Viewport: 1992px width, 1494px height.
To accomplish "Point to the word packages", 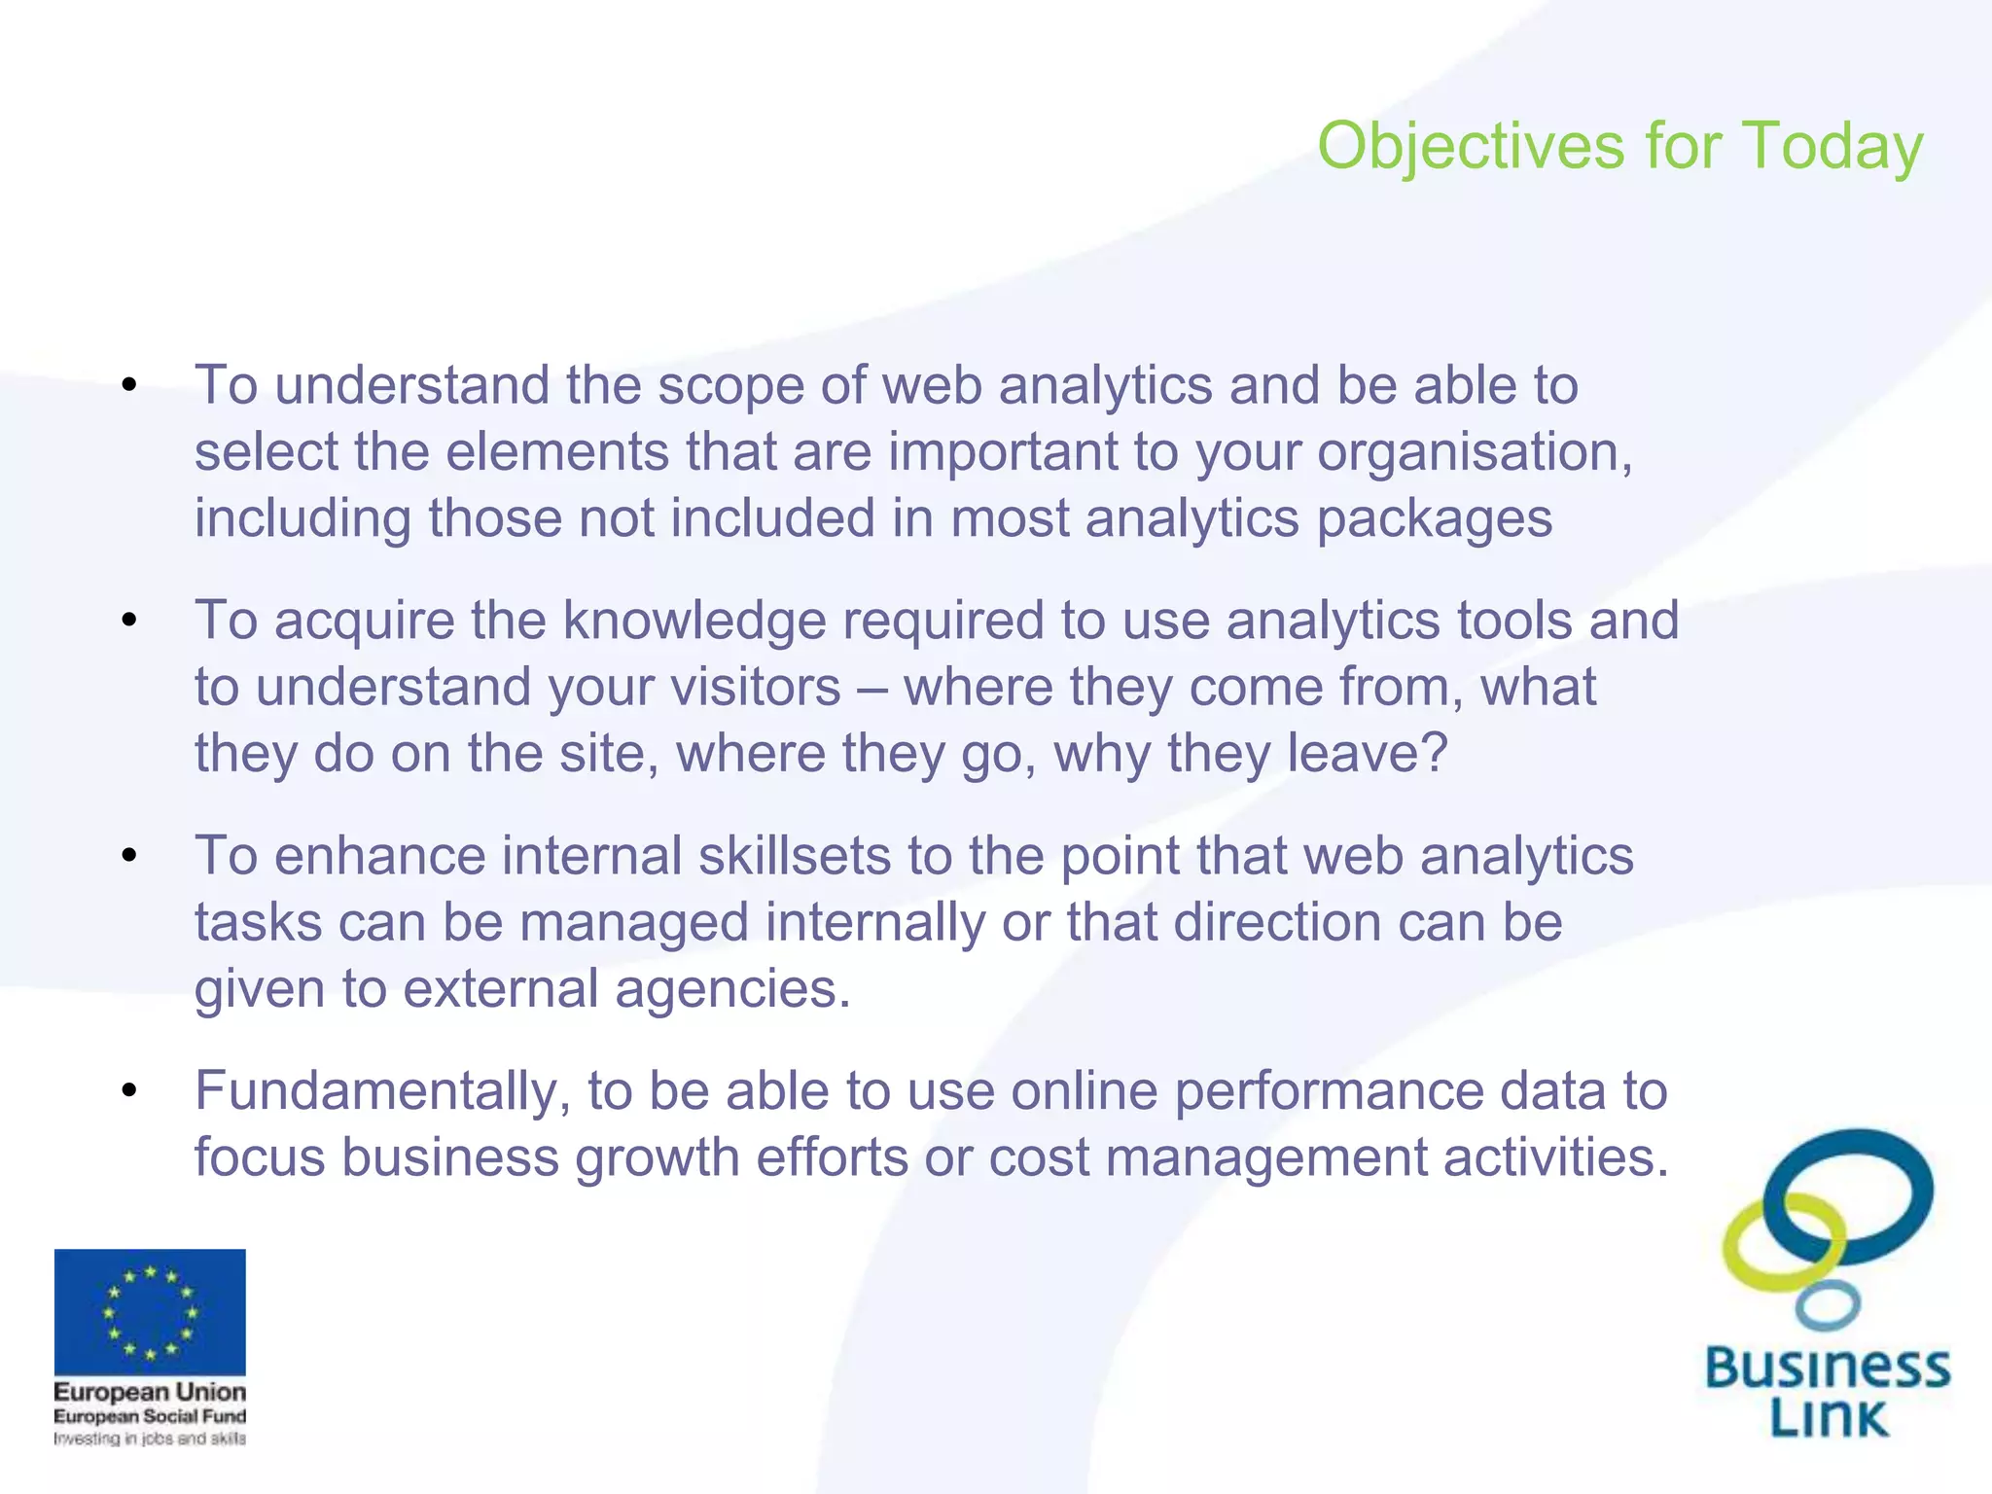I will coord(1434,519).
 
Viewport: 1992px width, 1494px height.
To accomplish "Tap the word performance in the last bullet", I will coord(1329,1091).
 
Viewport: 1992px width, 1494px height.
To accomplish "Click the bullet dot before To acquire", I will coord(129,621).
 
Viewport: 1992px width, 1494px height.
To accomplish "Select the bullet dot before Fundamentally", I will coord(129,1091).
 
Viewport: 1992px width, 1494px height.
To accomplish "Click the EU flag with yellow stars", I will coord(150,1311).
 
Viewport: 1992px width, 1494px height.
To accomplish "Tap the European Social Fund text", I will coord(150,1416).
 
